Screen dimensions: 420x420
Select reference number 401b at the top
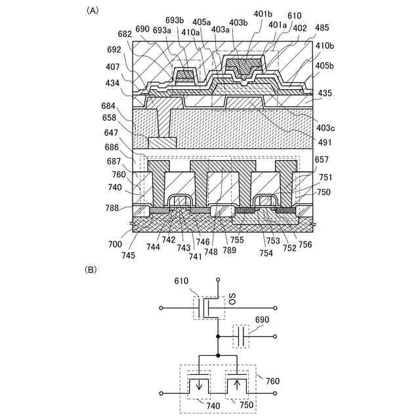(262, 14)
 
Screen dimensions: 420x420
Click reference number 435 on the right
(324, 94)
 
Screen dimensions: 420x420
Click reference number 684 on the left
(109, 106)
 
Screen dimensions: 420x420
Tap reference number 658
(109, 119)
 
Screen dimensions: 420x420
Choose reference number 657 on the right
(322, 159)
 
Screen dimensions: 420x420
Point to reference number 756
(304, 244)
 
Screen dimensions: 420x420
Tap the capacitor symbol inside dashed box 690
(242, 337)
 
